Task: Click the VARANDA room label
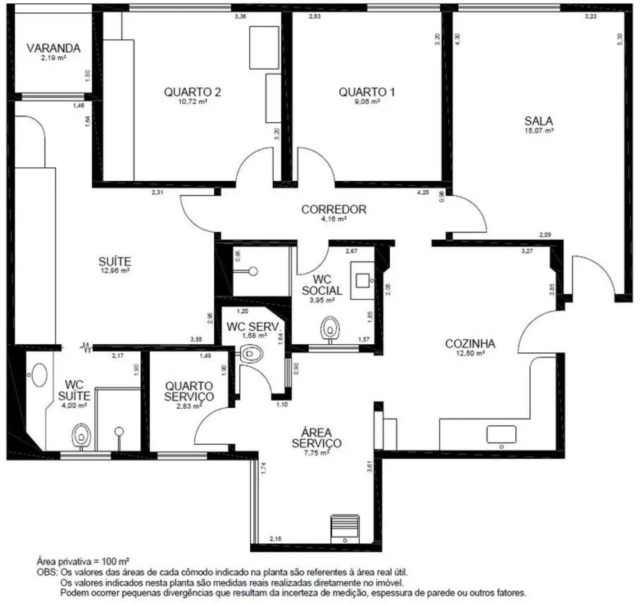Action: (x=53, y=48)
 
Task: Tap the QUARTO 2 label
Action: (x=193, y=92)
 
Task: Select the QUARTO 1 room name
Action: (x=367, y=92)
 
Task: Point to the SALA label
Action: (x=539, y=120)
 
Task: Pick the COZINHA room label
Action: (x=470, y=343)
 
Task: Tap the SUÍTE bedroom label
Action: (x=115, y=261)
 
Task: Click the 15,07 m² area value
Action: (x=539, y=130)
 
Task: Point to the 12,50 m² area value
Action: (x=470, y=353)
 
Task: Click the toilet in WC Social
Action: (x=330, y=328)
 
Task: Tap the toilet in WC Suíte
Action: (x=81, y=435)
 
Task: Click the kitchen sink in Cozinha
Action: (x=501, y=434)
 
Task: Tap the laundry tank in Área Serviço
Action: (x=345, y=529)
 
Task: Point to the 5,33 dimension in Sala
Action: (x=619, y=38)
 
